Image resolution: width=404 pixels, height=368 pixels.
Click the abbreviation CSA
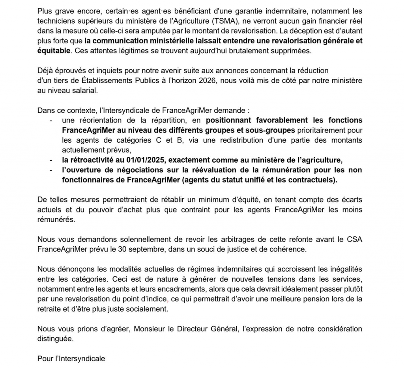tap(354, 240)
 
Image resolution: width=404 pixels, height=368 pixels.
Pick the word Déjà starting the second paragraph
tap(45, 71)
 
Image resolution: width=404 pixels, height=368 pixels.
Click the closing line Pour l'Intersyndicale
tap(71, 359)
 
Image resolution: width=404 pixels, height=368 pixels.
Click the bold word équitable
tap(54, 50)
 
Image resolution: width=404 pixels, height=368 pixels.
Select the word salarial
tap(83, 90)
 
